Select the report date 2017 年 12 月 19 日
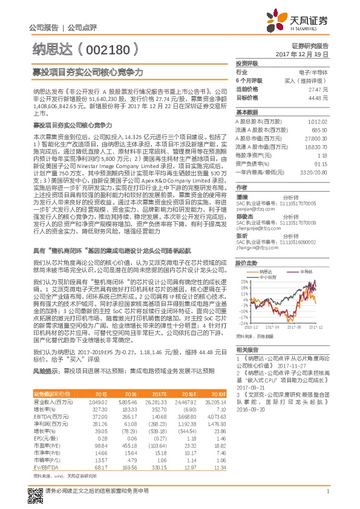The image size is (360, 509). tap(306, 54)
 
